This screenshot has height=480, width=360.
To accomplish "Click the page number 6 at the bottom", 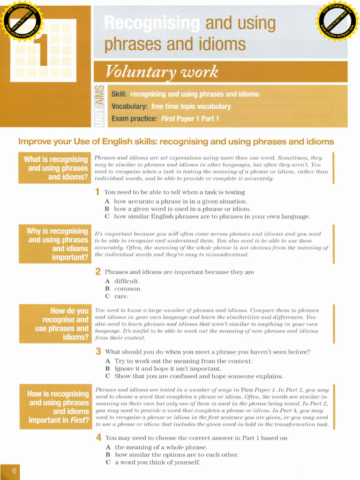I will (14, 471).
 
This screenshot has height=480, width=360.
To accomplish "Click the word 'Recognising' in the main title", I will (151, 23).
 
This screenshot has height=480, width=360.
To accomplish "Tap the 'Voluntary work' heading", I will (161, 72).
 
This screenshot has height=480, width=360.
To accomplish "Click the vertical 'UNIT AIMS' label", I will (99, 106).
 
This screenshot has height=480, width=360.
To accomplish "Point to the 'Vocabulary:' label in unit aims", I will (130, 106).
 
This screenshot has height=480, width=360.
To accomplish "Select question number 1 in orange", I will (97, 192).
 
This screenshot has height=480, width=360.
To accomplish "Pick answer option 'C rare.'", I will (117, 296).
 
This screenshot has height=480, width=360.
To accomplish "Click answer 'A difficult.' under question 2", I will (122, 281).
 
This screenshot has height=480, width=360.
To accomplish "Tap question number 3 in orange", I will (98, 352).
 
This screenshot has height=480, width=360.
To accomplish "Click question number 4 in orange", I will (98, 438).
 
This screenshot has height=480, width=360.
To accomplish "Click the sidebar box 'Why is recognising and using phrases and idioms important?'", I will (54, 244).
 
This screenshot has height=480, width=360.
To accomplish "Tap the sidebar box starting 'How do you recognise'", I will (54, 324).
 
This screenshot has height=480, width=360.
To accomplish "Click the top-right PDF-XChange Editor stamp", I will (337, 21).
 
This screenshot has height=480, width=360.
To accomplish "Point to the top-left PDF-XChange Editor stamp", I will (22, 21).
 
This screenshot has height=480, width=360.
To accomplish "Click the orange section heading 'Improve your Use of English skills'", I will (176, 142).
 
